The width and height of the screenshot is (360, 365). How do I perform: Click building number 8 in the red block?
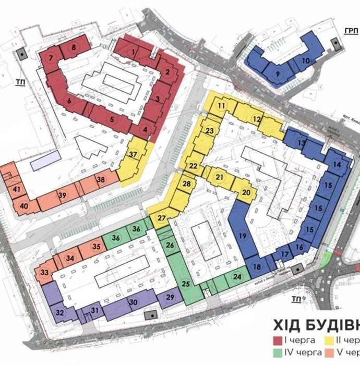click(x=74, y=47)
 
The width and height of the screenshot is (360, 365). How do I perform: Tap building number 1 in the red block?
click(x=134, y=52)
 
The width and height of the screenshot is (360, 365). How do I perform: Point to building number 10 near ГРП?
click(x=306, y=60)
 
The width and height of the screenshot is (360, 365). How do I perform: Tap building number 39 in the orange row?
click(x=63, y=195)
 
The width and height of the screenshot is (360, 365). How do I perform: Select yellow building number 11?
click(x=222, y=105)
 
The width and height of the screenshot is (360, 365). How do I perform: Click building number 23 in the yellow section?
click(x=210, y=130)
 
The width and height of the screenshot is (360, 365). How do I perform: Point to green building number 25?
click(x=186, y=284)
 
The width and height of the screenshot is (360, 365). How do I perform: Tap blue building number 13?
click(x=301, y=143)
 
